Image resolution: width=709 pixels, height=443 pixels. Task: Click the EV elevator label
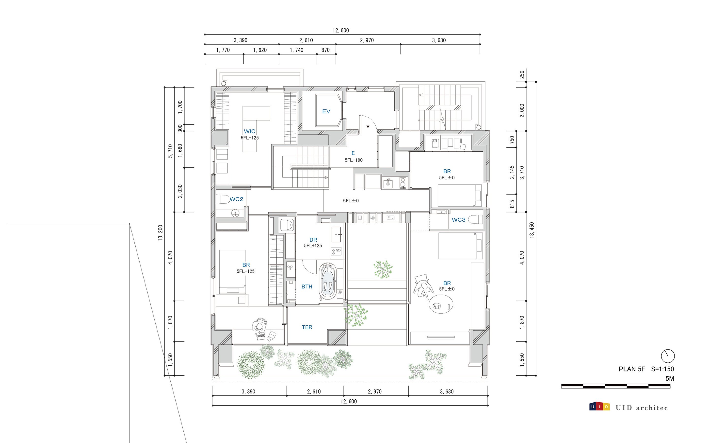click(x=326, y=111)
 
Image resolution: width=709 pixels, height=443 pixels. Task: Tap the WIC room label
click(x=249, y=131)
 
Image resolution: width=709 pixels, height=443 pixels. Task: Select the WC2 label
click(x=236, y=199)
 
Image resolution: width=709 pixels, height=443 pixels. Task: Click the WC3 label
click(x=458, y=220)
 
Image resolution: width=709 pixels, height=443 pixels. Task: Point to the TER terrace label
click(x=307, y=327)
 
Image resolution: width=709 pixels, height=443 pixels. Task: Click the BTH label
click(x=307, y=286)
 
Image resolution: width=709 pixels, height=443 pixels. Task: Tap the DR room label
click(x=313, y=240)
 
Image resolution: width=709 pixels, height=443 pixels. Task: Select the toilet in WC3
click(x=475, y=219)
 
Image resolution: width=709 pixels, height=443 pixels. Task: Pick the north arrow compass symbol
click(x=668, y=356)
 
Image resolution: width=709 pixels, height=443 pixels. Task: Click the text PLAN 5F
click(x=631, y=369)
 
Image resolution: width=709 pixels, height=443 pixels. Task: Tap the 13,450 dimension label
click(x=532, y=230)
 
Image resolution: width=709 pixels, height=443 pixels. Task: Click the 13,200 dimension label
click(x=160, y=233)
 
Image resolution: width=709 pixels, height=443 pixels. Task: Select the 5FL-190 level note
click(x=353, y=160)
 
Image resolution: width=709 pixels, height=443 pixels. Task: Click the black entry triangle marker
click(x=368, y=127)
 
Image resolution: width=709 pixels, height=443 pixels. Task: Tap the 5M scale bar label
click(x=670, y=379)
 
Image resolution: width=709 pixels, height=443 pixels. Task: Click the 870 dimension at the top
click(x=325, y=50)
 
